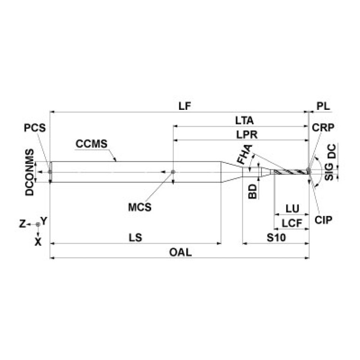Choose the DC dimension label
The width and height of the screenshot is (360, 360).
click(x=331, y=152)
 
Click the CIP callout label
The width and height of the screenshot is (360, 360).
click(x=323, y=219)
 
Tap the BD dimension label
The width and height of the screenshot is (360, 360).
click(x=253, y=191)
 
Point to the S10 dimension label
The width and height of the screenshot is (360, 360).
click(x=276, y=237)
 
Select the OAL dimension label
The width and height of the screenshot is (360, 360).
click(x=180, y=252)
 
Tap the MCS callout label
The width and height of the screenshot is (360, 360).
click(x=140, y=207)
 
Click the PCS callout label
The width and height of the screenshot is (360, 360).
click(x=36, y=127)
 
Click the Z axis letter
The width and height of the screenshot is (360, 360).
click(x=22, y=224)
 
